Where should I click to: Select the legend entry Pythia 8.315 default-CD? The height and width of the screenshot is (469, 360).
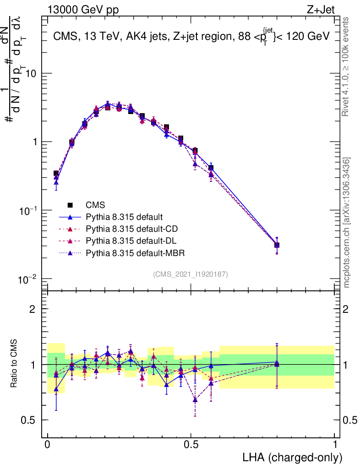tap(131, 229)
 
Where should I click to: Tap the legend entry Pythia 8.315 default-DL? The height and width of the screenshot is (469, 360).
tap(131, 240)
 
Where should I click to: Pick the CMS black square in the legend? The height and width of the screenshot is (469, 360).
tap(70, 205)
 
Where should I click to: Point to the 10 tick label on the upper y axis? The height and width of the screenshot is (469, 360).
tap(31, 74)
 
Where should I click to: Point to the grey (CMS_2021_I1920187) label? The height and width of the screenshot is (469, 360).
tap(191, 274)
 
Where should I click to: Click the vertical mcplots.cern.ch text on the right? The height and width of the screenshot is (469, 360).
tap(347, 223)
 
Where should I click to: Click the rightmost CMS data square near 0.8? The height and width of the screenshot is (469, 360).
tap(277, 245)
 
